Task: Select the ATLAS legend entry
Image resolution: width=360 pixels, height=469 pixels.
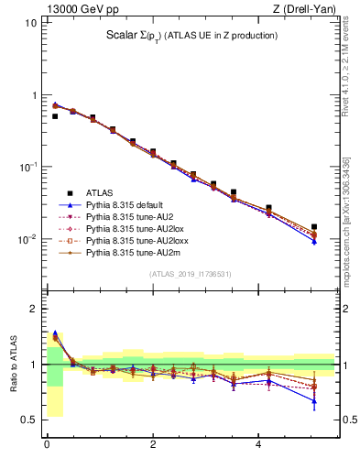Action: point(101,193)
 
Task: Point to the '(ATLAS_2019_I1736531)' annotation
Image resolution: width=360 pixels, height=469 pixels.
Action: point(190,274)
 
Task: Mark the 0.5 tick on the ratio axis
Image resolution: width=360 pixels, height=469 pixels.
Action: point(29,420)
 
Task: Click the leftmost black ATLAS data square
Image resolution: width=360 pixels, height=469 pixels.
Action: point(55,116)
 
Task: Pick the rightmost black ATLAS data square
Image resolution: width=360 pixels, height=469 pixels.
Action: point(314,226)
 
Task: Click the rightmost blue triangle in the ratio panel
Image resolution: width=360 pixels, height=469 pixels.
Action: point(314,400)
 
